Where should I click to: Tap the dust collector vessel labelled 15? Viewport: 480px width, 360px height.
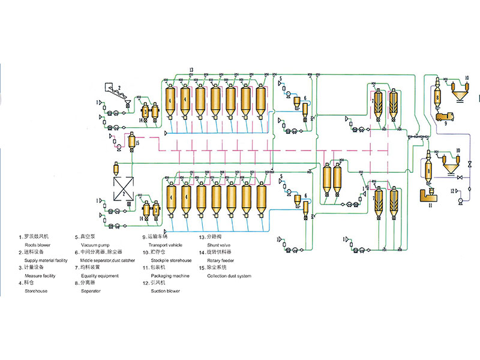click(x=131, y=142)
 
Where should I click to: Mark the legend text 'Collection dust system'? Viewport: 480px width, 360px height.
click(x=229, y=275)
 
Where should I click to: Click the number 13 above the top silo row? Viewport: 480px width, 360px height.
click(x=191, y=71)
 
